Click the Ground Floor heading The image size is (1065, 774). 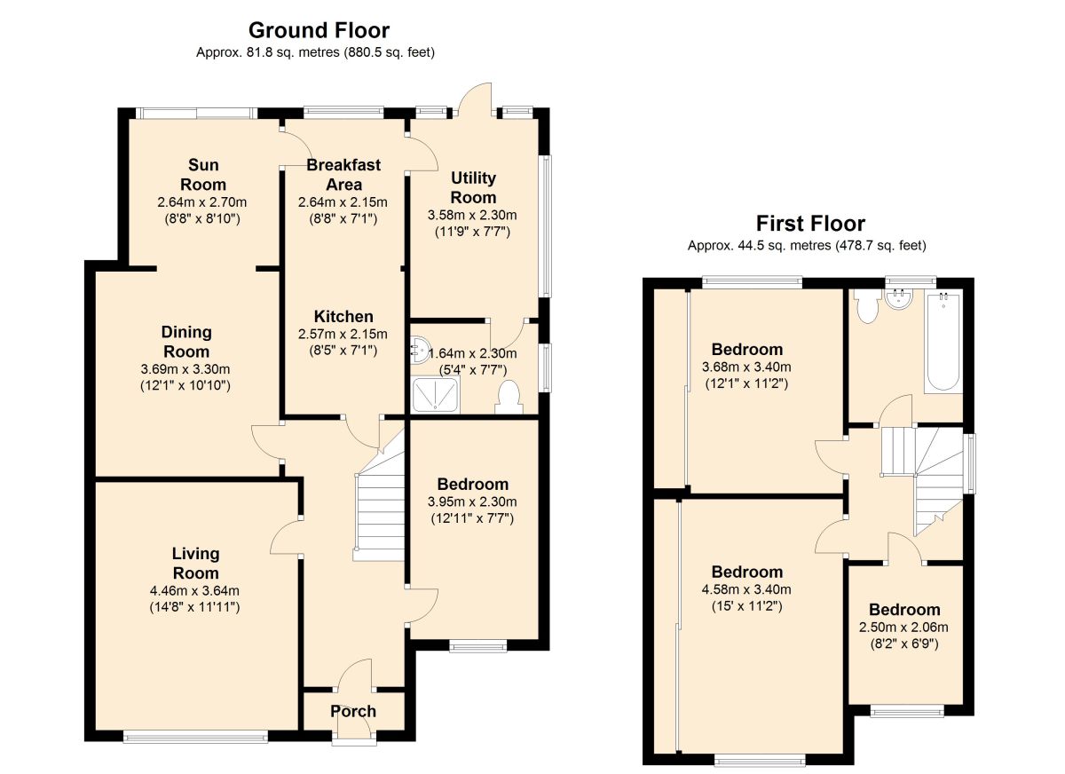pyautogui.click(x=319, y=30)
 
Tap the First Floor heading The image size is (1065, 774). pyautogui.click(x=810, y=224)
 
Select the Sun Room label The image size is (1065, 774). pyautogui.click(x=203, y=175)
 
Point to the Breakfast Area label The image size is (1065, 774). pyautogui.click(x=343, y=175)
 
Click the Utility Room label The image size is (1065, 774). pyautogui.click(x=473, y=187)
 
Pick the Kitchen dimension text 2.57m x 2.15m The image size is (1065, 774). pyautogui.click(x=343, y=335)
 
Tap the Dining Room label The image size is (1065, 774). pyautogui.click(x=186, y=342)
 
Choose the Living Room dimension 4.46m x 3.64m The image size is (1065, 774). pyautogui.click(x=194, y=591)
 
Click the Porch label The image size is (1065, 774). pyautogui.click(x=353, y=711)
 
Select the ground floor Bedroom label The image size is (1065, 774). pyautogui.click(x=472, y=484)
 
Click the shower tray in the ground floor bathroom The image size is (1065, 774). pyautogui.click(x=436, y=395)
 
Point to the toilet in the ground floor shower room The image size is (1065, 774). pyautogui.click(x=509, y=398)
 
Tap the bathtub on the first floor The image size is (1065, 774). pyautogui.click(x=943, y=343)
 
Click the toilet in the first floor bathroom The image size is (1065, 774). pyautogui.click(x=868, y=305)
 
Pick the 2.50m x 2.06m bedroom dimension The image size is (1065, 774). pyautogui.click(x=903, y=627)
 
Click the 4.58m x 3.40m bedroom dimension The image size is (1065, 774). pyautogui.click(x=746, y=589)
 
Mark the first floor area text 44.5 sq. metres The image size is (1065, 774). pyautogui.click(x=784, y=246)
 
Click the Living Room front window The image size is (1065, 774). pyautogui.click(x=195, y=738)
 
